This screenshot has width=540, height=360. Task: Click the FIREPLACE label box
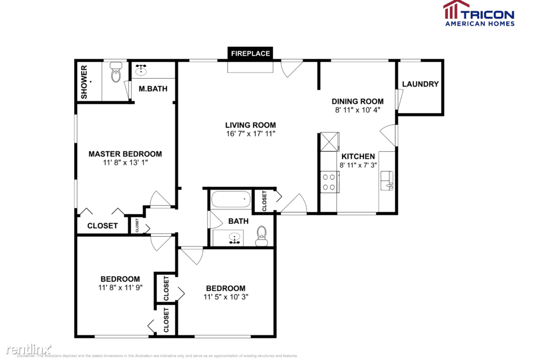click(x=250, y=53)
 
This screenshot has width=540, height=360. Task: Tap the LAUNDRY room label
click(x=420, y=84)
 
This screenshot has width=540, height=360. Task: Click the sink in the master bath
click(x=141, y=71)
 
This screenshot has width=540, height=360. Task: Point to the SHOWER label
click(x=84, y=82)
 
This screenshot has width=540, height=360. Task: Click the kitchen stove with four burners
click(x=329, y=181)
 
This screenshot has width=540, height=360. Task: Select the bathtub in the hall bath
click(x=230, y=199)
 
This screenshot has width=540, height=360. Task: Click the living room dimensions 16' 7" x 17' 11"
click(x=250, y=134)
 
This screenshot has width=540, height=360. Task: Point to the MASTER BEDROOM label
click(x=125, y=154)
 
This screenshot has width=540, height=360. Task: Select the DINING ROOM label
click(x=357, y=101)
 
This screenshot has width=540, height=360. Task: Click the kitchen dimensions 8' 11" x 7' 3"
click(x=357, y=165)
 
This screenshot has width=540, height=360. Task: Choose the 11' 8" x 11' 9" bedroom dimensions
click(x=120, y=287)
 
